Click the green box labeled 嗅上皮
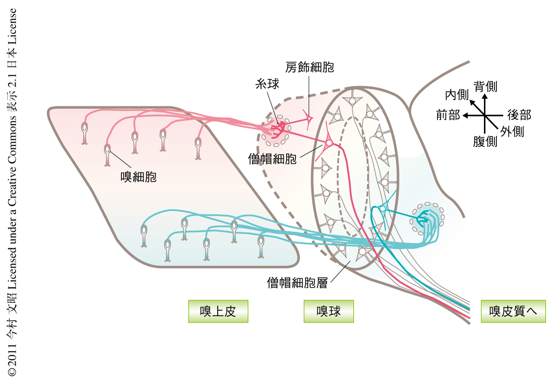[218, 312]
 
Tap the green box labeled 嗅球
[328, 312]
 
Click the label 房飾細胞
[309, 67]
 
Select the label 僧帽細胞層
[297, 282]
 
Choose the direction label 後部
[519, 115]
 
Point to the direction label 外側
[512, 132]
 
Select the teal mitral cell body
[382, 209]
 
